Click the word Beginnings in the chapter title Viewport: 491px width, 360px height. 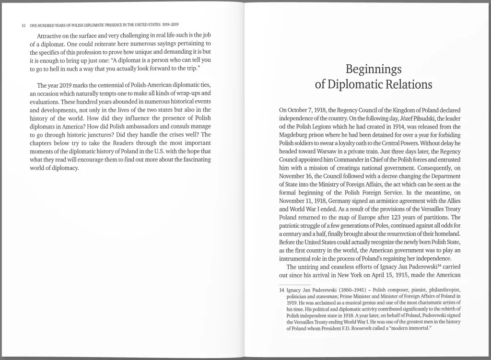click(373, 70)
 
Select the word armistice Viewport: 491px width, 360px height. click(382, 201)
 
